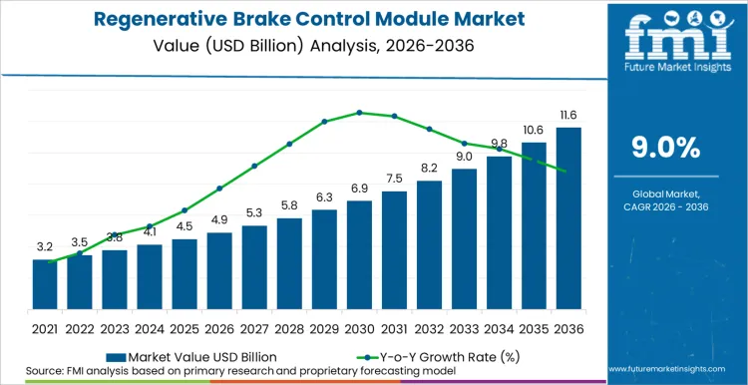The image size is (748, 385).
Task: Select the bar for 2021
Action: coord(45,284)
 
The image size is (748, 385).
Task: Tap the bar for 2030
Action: coord(359,254)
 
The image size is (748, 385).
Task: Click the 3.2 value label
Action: coord(45,246)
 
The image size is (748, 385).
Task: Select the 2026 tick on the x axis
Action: coord(219,328)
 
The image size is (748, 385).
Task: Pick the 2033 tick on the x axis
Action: coord(464,328)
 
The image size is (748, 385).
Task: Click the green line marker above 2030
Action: coord(359,113)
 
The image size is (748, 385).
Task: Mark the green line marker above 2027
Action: coord(254,166)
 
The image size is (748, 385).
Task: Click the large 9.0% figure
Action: coord(666,148)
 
